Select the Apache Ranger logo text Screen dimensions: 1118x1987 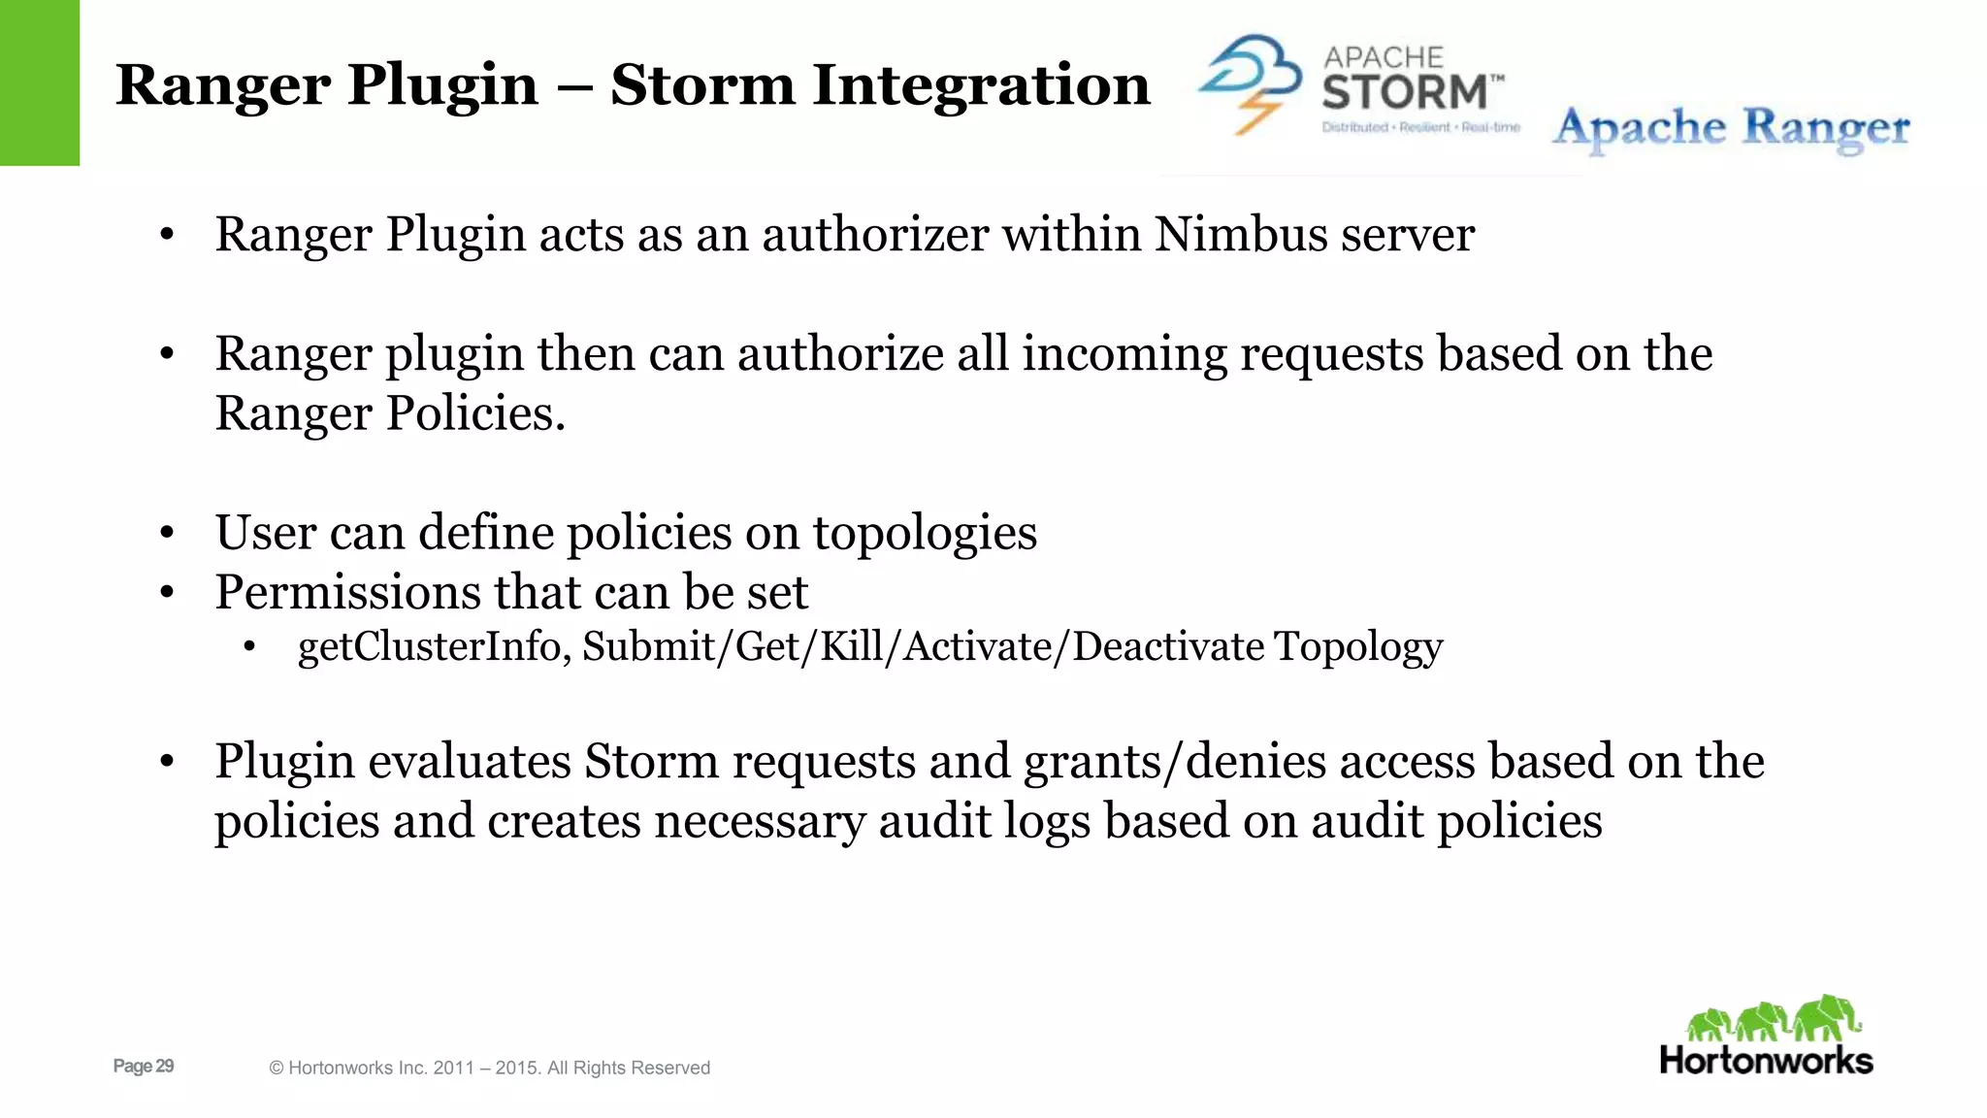[1731, 129]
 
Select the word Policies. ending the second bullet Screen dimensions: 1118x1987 [475, 414]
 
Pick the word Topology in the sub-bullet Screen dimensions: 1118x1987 [1358, 647]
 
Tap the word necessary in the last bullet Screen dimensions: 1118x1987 [760, 822]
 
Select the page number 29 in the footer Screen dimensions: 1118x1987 [164, 1066]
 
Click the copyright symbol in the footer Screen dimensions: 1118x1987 [277, 1069]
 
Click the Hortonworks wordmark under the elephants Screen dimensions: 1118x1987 [1766, 1060]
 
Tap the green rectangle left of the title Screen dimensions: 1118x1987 [40, 82]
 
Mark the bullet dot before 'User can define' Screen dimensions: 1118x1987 [167, 534]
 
